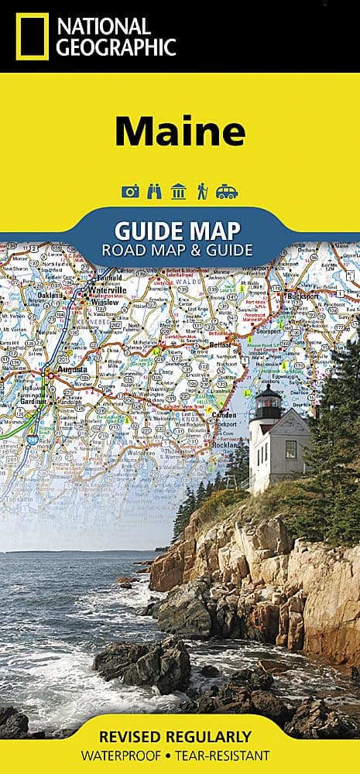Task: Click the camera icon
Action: click(x=130, y=191)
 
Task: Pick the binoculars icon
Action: click(x=155, y=191)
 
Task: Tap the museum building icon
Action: click(x=179, y=191)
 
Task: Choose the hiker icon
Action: click(x=202, y=191)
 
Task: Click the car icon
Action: click(x=227, y=191)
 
